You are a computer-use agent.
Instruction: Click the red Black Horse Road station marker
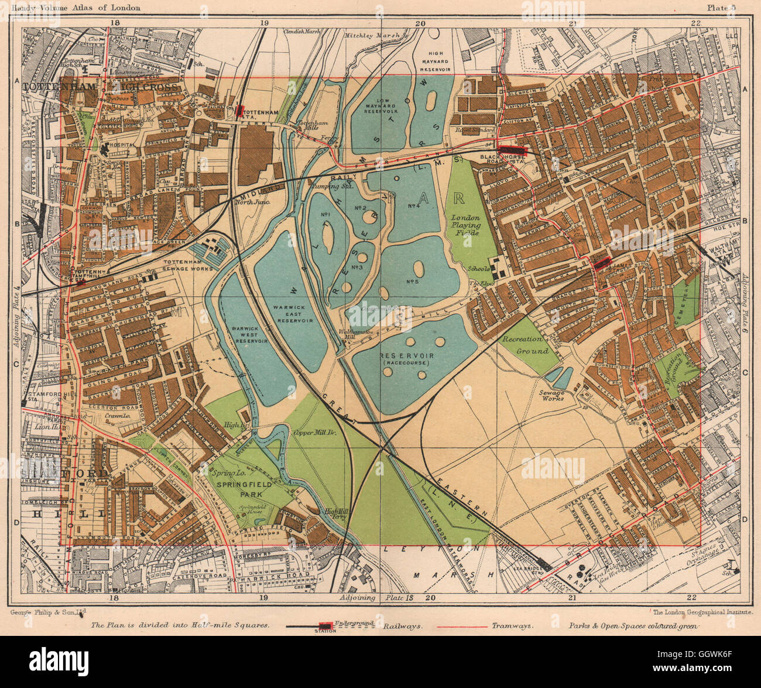pos(512,149)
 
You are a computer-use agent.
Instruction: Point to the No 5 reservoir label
pos(412,282)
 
